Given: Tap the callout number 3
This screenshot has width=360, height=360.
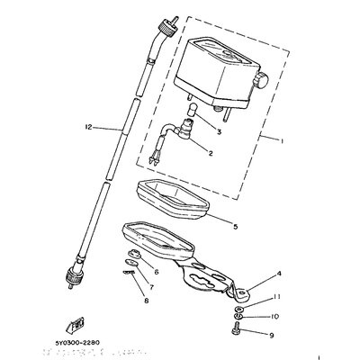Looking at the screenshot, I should (218, 130).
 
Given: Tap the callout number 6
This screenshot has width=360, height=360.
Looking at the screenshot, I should (156, 271).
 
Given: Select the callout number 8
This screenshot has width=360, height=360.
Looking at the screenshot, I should (144, 301).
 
